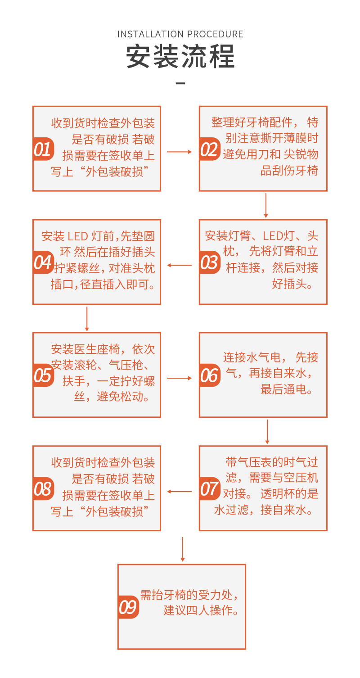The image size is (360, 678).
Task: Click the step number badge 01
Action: pos(43,149)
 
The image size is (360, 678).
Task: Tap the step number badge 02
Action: pos(209,149)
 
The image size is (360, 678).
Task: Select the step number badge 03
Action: pos(209,262)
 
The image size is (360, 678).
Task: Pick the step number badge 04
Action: pos(43,262)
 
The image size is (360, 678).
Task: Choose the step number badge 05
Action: pos(43,375)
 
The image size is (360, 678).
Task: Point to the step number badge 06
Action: pos(209,375)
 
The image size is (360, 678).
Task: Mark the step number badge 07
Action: pos(209,488)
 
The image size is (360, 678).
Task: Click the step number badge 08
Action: pos(43,488)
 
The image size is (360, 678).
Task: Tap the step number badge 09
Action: pos(128,607)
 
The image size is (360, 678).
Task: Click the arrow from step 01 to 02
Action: pos(180,152)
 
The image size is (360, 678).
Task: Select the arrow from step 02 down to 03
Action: pos(266,205)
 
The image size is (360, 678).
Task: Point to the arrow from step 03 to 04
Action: pos(180,265)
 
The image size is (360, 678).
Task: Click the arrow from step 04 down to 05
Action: pos(87,319)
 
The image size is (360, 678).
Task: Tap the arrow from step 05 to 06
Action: pos(180,378)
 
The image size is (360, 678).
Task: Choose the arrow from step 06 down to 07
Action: pos(267,432)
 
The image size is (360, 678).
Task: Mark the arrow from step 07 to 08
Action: pos(180,492)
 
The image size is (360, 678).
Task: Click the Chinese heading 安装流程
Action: pos(180,57)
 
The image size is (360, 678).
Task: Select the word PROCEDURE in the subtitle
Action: pos(215,34)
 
